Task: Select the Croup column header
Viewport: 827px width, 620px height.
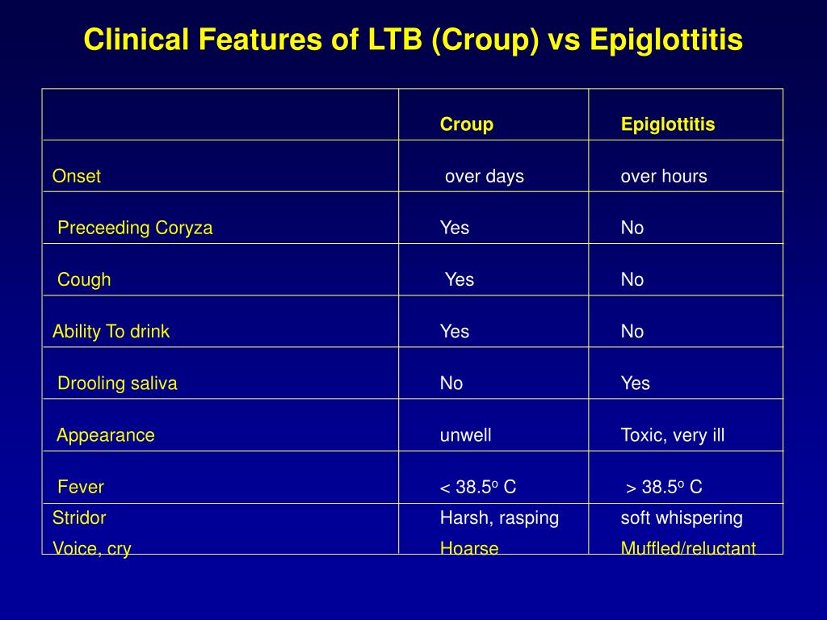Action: (467, 124)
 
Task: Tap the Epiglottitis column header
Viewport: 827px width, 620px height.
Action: (668, 124)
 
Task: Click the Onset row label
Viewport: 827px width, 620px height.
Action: (77, 175)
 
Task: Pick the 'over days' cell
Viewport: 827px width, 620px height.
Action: (485, 176)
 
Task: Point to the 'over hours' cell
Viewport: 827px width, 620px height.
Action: (664, 175)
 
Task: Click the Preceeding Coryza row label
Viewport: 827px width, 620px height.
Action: (135, 228)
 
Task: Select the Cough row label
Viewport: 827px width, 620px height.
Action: (84, 279)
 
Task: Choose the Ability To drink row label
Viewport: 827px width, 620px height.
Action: (111, 331)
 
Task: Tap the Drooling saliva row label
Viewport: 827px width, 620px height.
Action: (117, 383)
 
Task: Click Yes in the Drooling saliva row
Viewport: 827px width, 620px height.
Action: (635, 383)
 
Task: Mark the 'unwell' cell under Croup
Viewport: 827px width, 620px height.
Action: (466, 435)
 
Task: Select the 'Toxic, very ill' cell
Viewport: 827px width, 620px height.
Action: (673, 435)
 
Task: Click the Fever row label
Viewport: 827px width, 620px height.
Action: (81, 487)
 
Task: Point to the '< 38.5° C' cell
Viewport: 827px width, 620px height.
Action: (478, 487)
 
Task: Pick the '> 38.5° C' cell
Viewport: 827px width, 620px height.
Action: (664, 487)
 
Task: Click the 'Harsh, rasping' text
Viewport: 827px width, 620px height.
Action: (499, 517)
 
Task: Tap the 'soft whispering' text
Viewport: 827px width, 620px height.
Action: (682, 517)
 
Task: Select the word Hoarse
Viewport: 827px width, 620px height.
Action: (469, 548)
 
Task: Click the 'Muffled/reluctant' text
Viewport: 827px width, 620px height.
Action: (688, 548)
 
